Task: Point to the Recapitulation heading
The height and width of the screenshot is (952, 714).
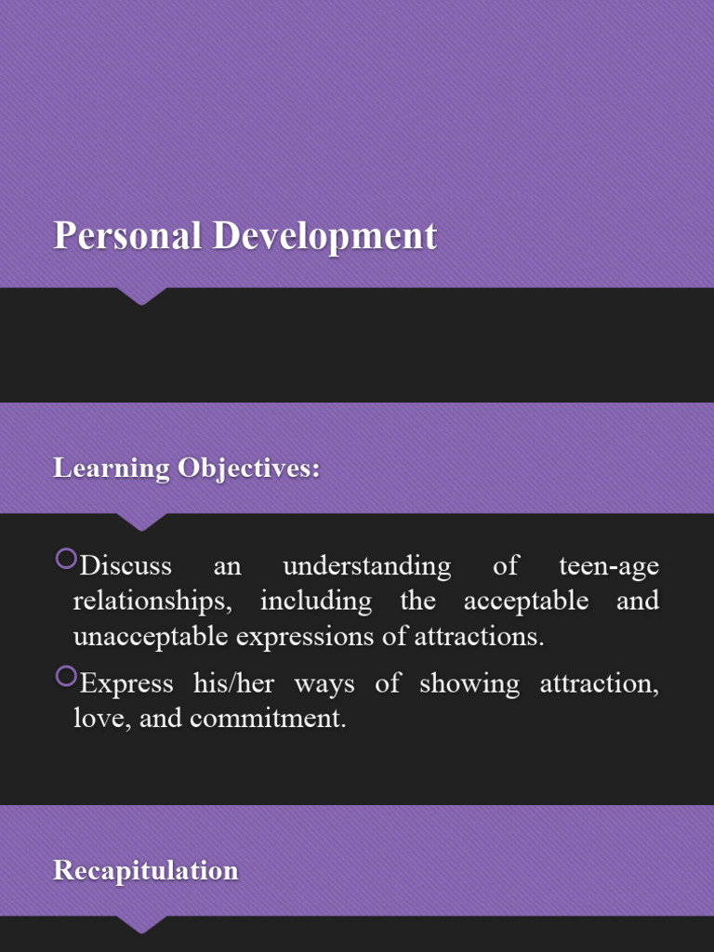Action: coord(146,871)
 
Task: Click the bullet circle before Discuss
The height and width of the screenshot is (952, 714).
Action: coord(65,559)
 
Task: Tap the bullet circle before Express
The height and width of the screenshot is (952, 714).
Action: coord(65,677)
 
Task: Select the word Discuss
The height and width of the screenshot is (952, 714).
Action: coord(126,565)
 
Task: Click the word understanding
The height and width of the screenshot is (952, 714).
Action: coord(366,565)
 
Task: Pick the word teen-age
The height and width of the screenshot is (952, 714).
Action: coord(609,565)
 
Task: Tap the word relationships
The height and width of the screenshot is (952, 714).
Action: coord(152,602)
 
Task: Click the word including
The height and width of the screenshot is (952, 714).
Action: coord(315,602)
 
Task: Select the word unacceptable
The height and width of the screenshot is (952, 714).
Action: coord(152,637)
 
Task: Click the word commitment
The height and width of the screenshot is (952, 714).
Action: coord(270,719)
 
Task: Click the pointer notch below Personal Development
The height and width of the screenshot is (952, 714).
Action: coord(141,296)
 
